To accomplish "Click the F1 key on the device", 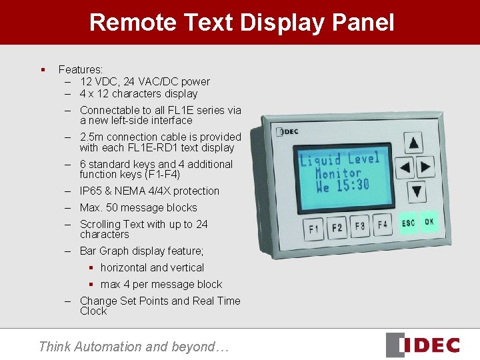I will click(x=313, y=229).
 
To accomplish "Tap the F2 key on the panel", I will click(x=337, y=227).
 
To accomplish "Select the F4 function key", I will click(x=382, y=225).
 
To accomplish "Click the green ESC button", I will click(x=407, y=223).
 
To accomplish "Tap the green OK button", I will click(x=429, y=221).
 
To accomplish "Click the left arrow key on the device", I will click(x=405, y=167).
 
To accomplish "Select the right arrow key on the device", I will click(x=425, y=167).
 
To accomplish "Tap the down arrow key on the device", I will click(x=416, y=191).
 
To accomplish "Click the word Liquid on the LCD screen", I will click(x=321, y=160).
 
